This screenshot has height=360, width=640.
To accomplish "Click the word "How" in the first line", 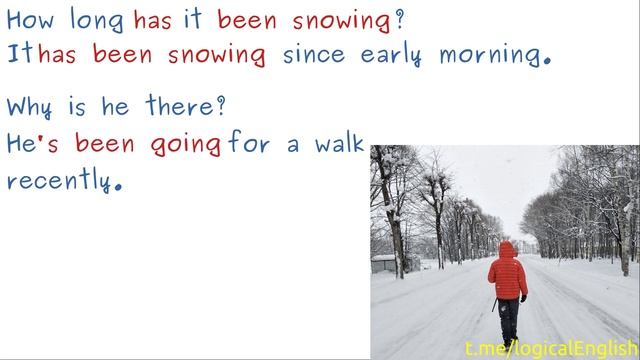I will tap(28, 20).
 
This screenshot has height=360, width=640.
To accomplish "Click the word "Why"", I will tap(30, 106).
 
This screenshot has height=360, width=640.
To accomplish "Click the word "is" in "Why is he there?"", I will tap(79, 105).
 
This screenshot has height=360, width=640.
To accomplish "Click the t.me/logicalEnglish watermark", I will tap(551, 347).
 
